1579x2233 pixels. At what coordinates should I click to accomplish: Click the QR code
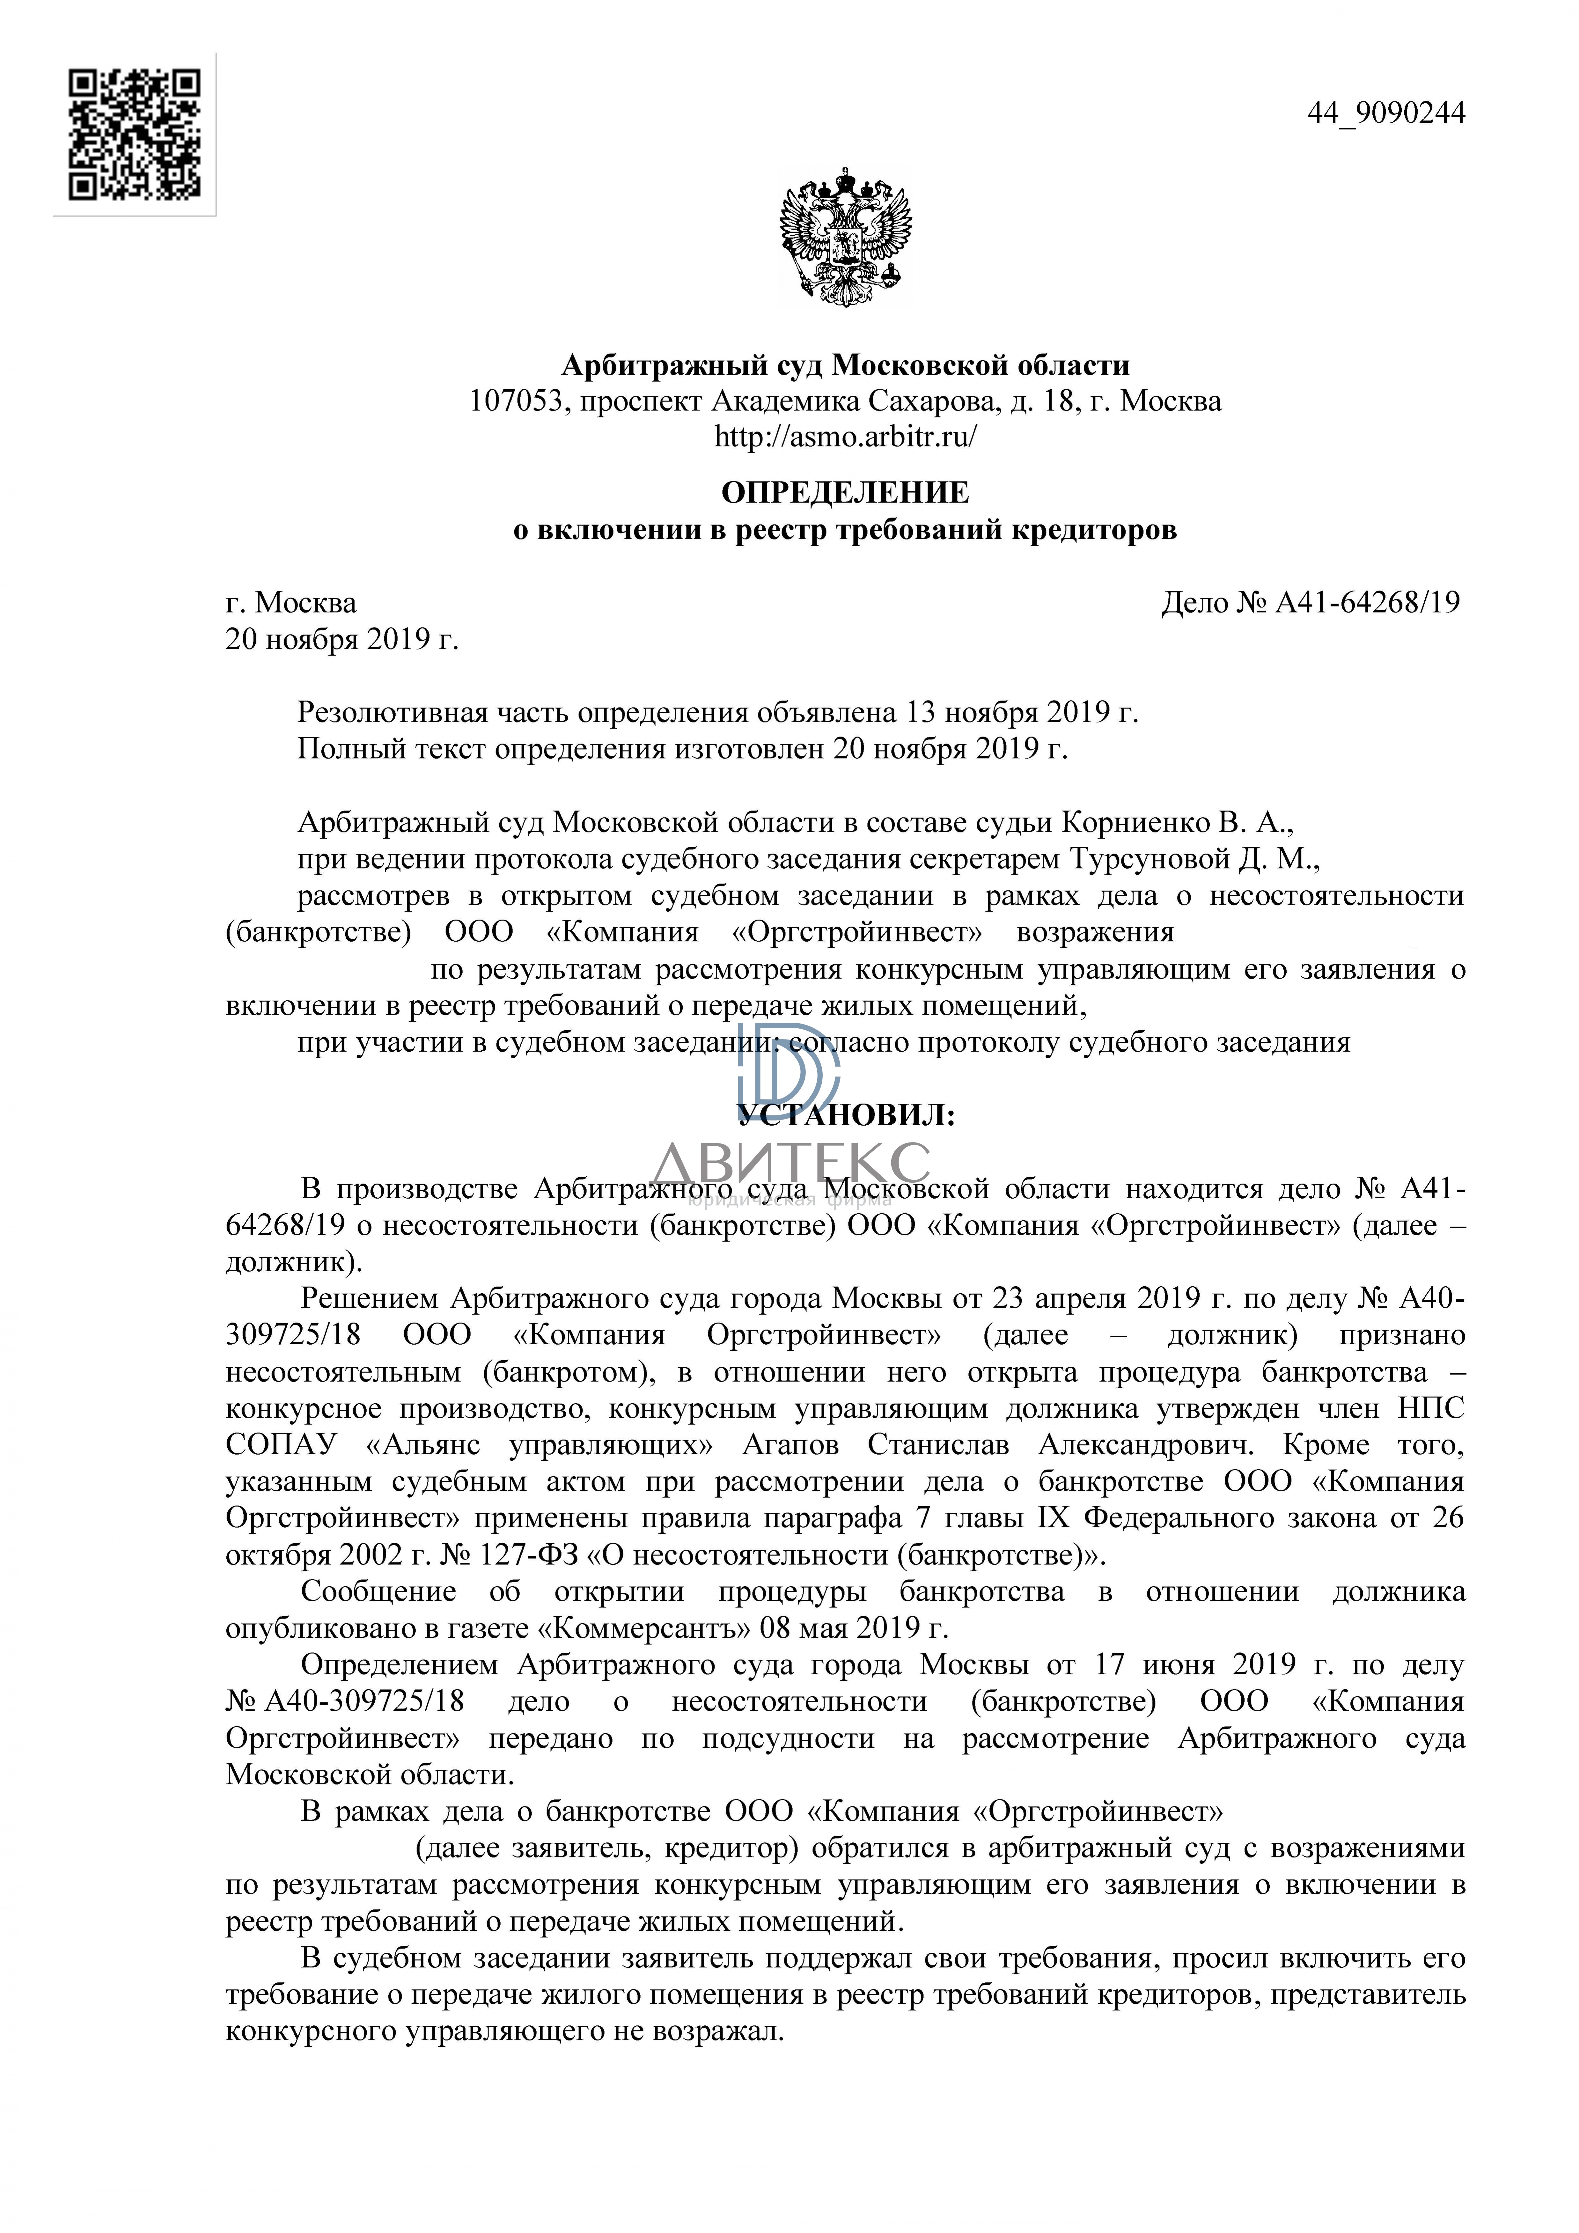pos(134,134)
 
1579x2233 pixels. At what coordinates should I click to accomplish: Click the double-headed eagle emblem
pos(845,236)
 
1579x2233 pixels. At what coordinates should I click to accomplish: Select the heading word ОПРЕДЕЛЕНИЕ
pos(845,493)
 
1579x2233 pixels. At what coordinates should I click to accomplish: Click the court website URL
pos(845,437)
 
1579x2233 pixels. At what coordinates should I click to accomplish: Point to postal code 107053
pos(516,401)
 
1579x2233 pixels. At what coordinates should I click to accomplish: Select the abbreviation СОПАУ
pos(281,1445)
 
